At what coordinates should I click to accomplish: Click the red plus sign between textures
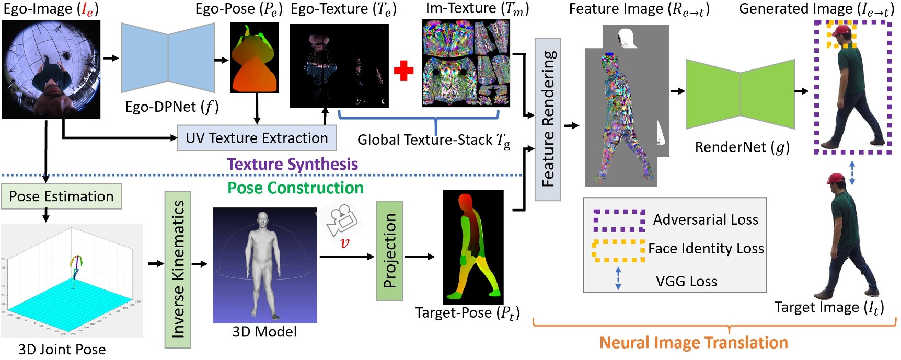(x=403, y=71)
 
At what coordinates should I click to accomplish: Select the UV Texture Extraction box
(x=257, y=138)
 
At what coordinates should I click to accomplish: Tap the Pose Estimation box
(x=61, y=196)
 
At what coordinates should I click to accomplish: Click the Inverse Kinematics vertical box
(x=178, y=269)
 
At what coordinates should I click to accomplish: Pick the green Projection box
(x=389, y=251)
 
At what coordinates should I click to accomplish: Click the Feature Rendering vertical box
(x=548, y=119)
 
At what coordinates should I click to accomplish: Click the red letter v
(x=344, y=243)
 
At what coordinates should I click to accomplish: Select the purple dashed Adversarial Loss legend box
(x=619, y=220)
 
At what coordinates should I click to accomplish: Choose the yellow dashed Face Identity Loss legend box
(x=618, y=251)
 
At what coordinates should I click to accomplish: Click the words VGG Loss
(x=686, y=282)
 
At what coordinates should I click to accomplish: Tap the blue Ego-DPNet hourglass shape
(x=168, y=58)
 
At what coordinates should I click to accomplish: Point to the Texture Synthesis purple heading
(x=292, y=164)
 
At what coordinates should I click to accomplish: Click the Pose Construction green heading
(x=295, y=188)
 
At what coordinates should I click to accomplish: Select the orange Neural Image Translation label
(x=693, y=343)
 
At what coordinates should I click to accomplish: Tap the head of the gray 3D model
(x=263, y=219)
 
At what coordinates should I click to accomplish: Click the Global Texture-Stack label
(x=433, y=140)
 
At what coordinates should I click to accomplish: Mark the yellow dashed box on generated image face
(x=841, y=34)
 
